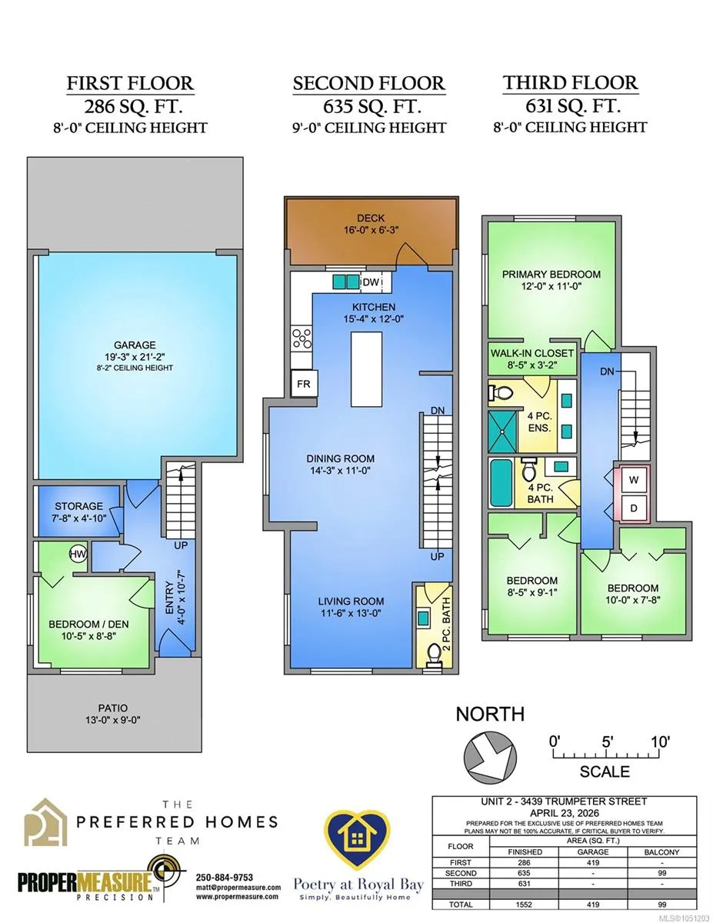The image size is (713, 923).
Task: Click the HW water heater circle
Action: (78, 554)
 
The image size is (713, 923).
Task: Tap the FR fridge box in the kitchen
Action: (304, 384)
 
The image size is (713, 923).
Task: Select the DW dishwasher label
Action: (371, 282)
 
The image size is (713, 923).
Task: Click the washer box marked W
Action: (634, 480)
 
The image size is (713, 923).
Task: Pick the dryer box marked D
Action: (634, 508)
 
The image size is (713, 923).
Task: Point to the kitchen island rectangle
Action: (366, 369)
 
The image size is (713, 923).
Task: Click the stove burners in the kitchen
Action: (302, 339)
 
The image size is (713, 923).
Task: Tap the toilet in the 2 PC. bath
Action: (434, 654)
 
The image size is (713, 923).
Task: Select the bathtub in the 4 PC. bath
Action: (501, 483)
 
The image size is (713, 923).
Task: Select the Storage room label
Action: (78, 506)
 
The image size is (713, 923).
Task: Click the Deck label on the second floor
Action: (371, 218)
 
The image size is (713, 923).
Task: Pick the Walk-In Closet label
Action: (532, 353)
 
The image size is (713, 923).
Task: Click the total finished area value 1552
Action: (525, 905)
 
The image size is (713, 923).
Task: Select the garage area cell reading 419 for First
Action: (593, 862)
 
